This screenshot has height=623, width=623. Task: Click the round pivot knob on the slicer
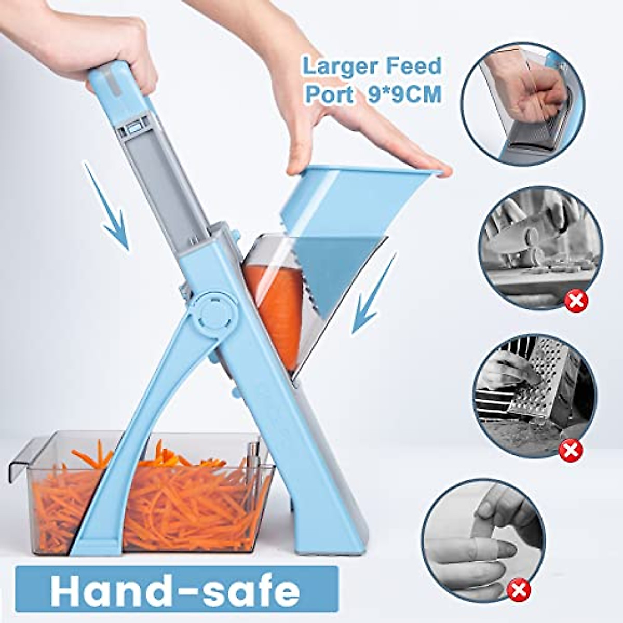[213, 314]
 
